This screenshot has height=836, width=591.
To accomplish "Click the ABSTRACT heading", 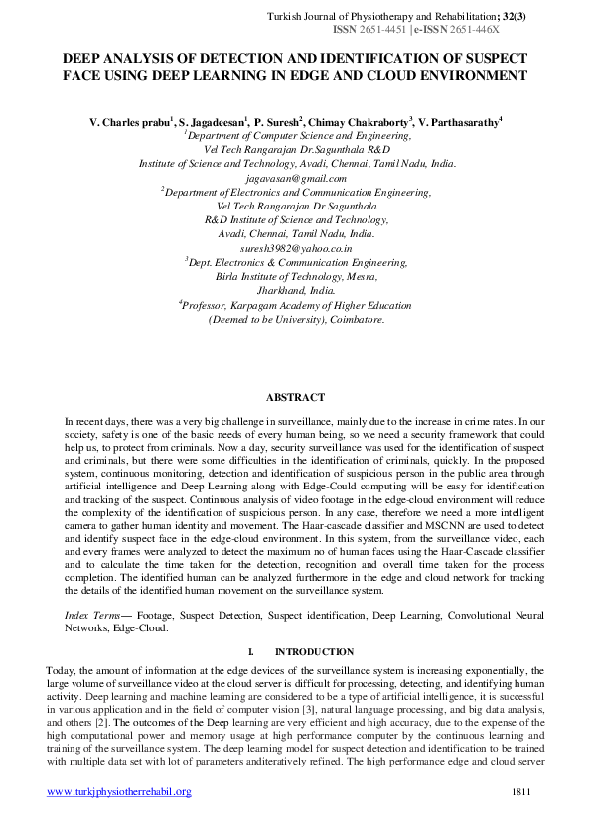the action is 295,398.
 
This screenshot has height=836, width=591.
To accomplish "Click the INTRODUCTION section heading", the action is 314,652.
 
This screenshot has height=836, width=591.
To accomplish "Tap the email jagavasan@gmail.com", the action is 296,178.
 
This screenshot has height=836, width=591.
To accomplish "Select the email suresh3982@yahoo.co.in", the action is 296,247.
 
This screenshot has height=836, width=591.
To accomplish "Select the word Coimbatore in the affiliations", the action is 350,320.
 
